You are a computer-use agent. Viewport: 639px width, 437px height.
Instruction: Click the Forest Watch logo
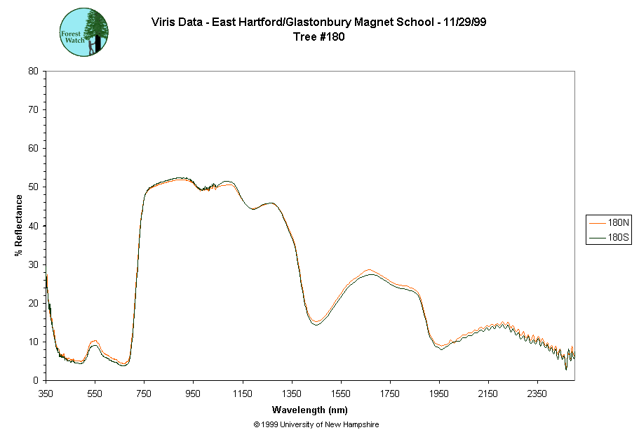tap(84, 32)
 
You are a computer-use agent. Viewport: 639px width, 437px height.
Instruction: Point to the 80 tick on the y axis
tap(33, 71)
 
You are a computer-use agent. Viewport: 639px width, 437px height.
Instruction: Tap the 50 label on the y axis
tap(33, 187)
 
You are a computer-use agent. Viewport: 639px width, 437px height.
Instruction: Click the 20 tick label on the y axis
tap(33, 303)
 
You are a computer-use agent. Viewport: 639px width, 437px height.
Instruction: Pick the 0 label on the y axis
tap(36, 380)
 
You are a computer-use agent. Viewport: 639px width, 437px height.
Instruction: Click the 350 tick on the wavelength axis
tap(46, 394)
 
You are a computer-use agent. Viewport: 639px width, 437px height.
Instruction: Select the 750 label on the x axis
tap(144, 394)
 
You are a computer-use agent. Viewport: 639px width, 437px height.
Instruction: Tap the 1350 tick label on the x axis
tap(292, 394)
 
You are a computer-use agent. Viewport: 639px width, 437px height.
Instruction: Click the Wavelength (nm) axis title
tap(310, 410)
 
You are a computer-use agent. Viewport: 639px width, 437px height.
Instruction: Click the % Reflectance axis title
tap(19, 225)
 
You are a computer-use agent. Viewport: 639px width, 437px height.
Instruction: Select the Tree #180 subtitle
tap(319, 37)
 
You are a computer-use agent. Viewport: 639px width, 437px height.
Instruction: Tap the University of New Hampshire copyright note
tap(316, 424)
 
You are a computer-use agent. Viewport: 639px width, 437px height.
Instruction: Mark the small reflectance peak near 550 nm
tap(95, 342)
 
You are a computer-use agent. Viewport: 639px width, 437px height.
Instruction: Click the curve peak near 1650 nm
tap(369, 271)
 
